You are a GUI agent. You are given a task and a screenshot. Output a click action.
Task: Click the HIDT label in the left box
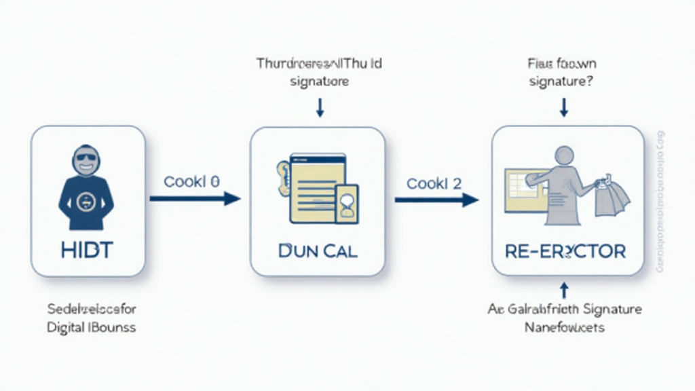click(x=88, y=249)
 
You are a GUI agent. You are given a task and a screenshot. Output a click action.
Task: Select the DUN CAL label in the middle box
click(x=318, y=249)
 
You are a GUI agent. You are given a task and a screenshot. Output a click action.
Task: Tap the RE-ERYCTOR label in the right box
click(x=565, y=251)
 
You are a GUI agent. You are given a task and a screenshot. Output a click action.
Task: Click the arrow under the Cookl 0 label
click(x=195, y=198)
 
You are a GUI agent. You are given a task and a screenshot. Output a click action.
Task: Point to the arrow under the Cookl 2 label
click(x=436, y=200)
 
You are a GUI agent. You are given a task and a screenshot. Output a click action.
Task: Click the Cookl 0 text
click(x=192, y=182)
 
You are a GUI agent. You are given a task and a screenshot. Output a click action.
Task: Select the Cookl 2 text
click(x=434, y=183)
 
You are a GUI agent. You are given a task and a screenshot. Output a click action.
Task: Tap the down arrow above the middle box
click(x=319, y=107)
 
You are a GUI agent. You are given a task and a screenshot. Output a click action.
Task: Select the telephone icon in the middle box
click(x=284, y=179)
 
